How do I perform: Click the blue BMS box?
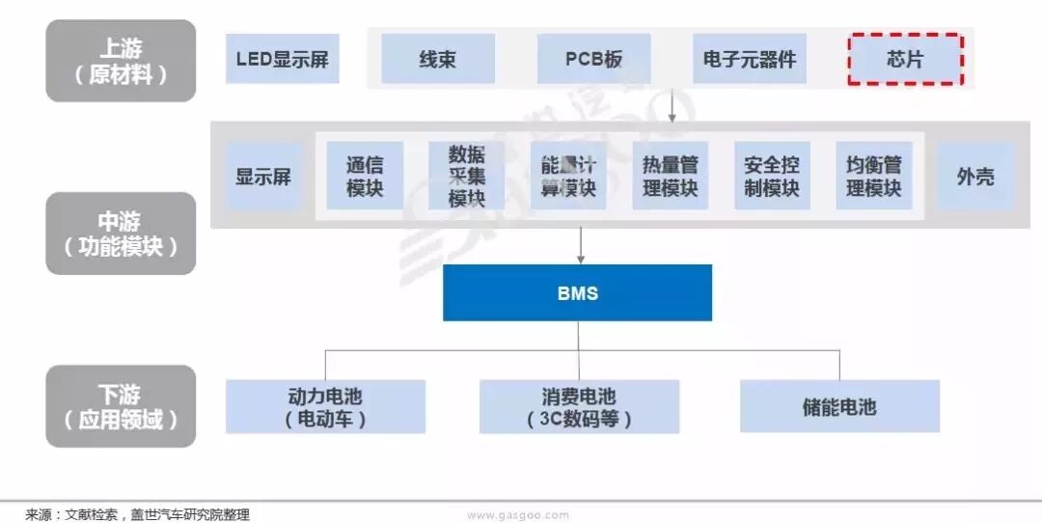pos(577,292)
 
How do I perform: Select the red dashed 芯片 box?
pos(905,59)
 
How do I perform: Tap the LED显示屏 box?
pos(282,59)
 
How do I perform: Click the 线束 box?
pos(438,59)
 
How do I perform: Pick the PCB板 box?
pos(593,59)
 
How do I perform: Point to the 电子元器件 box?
pos(750,59)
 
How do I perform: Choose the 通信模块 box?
pos(365,176)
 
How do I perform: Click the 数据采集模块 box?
pos(466,176)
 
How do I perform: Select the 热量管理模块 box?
pos(670,176)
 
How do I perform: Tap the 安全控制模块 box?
pos(772,176)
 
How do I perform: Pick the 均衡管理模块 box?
pos(873,176)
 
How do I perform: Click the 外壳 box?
pos(975,177)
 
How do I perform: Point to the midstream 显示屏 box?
pos(263,177)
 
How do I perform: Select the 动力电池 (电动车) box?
pos(325,406)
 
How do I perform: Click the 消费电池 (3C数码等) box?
pos(579,406)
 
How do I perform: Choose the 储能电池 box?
pos(839,406)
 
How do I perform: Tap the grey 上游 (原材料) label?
pos(121,60)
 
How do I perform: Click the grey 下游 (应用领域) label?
pos(121,406)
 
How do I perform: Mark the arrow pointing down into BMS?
pos(580,247)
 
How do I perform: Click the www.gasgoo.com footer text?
pos(518,515)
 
